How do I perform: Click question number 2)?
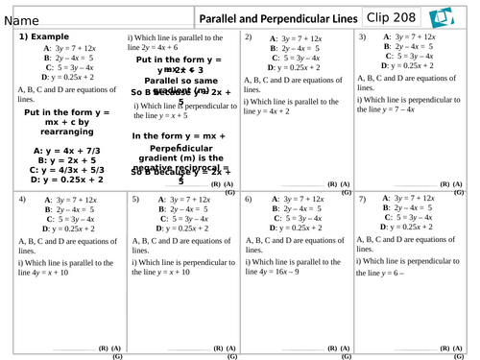click(x=248, y=36)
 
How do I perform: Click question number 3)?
click(x=363, y=36)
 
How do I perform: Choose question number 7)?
click(x=363, y=199)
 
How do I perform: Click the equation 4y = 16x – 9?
click(x=290, y=272)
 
